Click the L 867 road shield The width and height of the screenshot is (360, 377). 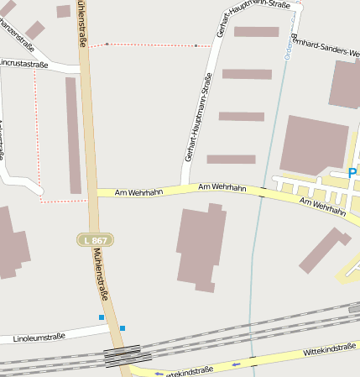tap(97, 240)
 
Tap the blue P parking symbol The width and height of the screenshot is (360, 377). tap(352, 173)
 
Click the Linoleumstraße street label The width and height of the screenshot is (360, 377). tap(39, 338)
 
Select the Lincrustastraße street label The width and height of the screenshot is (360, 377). tap(24, 63)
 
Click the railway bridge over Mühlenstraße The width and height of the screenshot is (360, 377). tap(123, 355)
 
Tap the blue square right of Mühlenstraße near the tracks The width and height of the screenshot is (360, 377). tap(123, 328)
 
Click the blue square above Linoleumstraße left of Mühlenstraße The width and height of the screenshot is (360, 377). tap(102, 317)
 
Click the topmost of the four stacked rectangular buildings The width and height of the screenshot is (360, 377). tap(256, 32)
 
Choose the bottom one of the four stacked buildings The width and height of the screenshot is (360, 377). tap(231, 159)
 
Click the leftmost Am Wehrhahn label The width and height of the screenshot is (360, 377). tap(138, 192)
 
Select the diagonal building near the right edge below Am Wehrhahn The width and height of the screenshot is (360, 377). tap(324, 250)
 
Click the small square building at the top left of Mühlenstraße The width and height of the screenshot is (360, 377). tap(64, 11)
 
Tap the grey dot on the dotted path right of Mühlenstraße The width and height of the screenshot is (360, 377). tap(107, 44)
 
